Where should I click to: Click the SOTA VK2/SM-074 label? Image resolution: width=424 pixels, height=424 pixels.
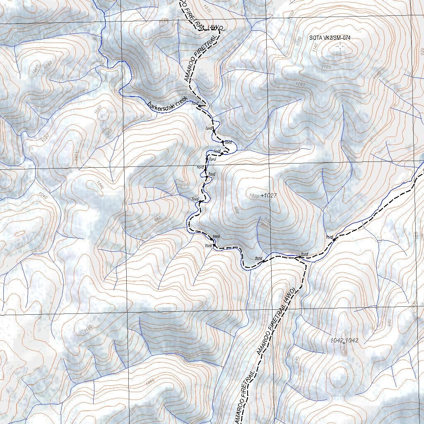pyautogui.click(x=330, y=38)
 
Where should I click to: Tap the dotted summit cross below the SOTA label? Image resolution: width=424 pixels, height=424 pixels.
pyautogui.click(x=341, y=48)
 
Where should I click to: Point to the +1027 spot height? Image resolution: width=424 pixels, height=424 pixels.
pyautogui.click(x=269, y=195)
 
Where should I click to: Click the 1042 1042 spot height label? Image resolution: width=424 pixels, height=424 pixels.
pyautogui.click(x=344, y=340)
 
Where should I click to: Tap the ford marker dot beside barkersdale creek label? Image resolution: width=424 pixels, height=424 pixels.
pyautogui.click(x=199, y=106)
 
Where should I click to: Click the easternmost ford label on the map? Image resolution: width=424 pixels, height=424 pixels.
pyautogui.click(x=329, y=237)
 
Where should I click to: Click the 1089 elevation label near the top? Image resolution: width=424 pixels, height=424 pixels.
pyautogui.click(x=164, y=20)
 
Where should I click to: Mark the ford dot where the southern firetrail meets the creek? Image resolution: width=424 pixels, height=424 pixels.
pyautogui.click(x=297, y=258)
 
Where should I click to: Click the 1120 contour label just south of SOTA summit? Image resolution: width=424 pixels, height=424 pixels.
pyautogui.click(x=326, y=67)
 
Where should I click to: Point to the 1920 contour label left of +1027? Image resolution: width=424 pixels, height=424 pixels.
pyautogui.click(x=254, y=195)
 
